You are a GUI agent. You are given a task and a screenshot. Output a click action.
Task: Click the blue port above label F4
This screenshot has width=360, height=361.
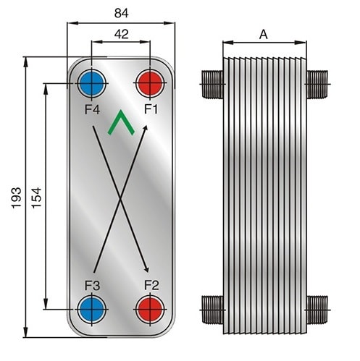91,82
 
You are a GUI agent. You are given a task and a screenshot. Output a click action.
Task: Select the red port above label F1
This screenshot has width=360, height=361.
150,82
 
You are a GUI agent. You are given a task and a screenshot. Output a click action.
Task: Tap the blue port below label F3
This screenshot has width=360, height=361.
91,309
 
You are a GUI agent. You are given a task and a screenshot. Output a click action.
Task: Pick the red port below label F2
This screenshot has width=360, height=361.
150,309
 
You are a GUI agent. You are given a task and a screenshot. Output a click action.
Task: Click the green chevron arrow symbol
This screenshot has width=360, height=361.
121,122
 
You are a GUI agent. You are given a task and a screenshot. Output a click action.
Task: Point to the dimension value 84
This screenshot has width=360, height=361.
122,13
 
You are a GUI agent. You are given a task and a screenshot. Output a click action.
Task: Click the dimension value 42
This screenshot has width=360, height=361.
122,34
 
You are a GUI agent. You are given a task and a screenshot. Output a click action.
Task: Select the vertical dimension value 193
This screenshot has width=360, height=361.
17,198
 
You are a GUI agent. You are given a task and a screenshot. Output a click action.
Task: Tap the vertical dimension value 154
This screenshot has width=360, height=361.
37,198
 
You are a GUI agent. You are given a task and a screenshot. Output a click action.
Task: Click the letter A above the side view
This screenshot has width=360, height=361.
264,35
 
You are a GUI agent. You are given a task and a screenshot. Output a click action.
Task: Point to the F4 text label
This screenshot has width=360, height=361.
92,110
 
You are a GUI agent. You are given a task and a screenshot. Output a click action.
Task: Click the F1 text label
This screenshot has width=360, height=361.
151,109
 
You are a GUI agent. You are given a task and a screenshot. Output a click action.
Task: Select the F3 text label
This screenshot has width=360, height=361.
92,286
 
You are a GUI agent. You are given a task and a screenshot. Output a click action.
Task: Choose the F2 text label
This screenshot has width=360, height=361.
151,285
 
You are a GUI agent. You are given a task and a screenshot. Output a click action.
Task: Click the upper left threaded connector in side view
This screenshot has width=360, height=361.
212,84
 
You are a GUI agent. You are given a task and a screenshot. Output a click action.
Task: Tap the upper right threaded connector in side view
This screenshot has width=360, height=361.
317,84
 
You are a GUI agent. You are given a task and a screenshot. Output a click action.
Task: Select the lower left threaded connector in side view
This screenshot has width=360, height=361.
212,310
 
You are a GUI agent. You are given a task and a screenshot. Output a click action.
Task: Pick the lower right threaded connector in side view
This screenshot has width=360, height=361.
317,310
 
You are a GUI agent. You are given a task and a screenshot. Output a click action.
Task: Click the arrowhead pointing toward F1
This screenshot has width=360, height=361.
145,128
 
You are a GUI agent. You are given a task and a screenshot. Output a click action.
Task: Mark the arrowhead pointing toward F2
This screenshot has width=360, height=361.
146,269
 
